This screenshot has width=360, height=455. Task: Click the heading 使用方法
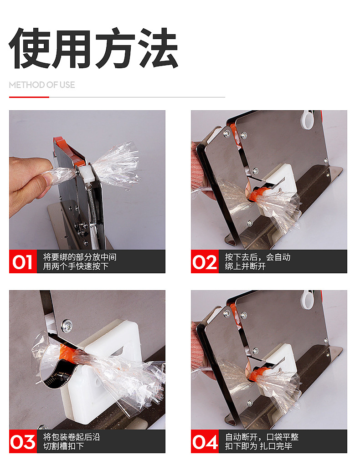click(93, 48)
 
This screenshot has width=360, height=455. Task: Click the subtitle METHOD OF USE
click(42, 85)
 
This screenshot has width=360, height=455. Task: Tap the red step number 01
click(23, 262)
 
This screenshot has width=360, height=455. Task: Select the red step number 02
click(205, 262)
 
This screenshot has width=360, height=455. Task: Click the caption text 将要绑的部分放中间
click(80, 257)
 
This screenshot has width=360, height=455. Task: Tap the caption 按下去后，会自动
click(257, 257)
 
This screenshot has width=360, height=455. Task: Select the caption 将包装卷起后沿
click(72, 437)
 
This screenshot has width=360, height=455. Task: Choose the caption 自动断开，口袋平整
click(262, 437)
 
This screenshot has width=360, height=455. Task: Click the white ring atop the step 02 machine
click(307, 119)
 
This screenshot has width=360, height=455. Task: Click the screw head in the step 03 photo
click(67, 326)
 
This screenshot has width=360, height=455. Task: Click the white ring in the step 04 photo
click(307, 300)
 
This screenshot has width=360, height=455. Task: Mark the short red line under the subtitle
click(29, 97)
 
